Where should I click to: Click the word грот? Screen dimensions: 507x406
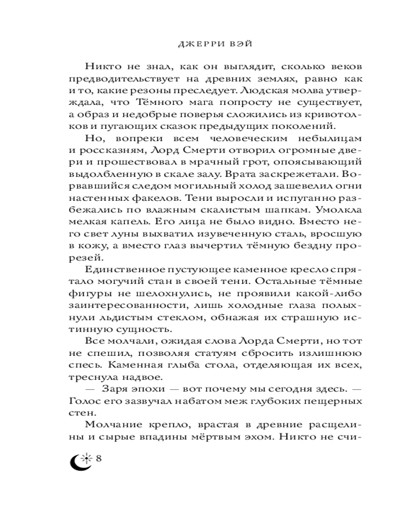point(218,161)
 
